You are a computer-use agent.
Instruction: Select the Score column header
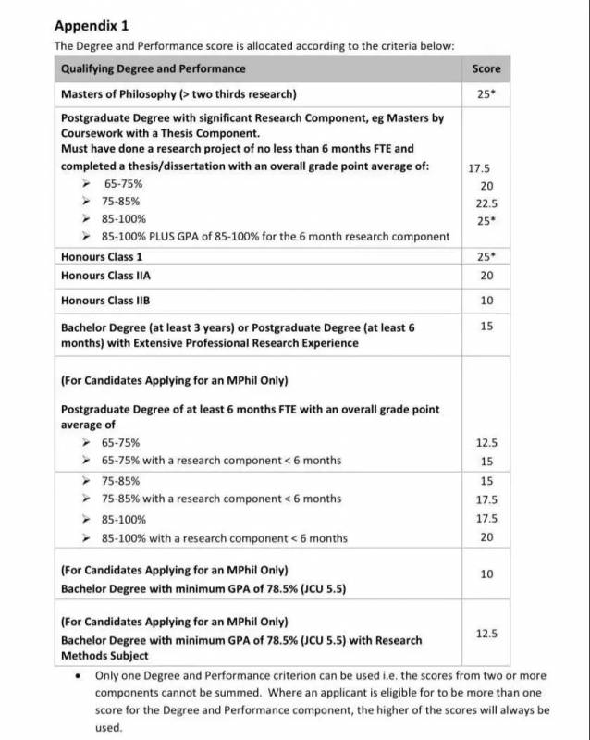pyautogui.click(x=486, y=68)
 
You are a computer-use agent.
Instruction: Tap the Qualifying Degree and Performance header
pyautogui.click(x=153, y=68)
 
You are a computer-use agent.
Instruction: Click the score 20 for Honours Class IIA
pyautogui.click(x=486, y=276)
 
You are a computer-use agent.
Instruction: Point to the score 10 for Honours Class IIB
pyautogui.click(x=486, y=301)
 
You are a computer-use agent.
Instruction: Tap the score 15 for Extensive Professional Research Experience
pyautogui.click(x=486, y=326)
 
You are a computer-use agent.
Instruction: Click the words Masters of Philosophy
pyautogui.click(x=117, y=93)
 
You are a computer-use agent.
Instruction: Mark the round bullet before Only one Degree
pyautogui.click(x=77, y=675)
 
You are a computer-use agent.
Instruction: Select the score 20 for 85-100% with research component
pyautogui.click(x=486, y=536)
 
